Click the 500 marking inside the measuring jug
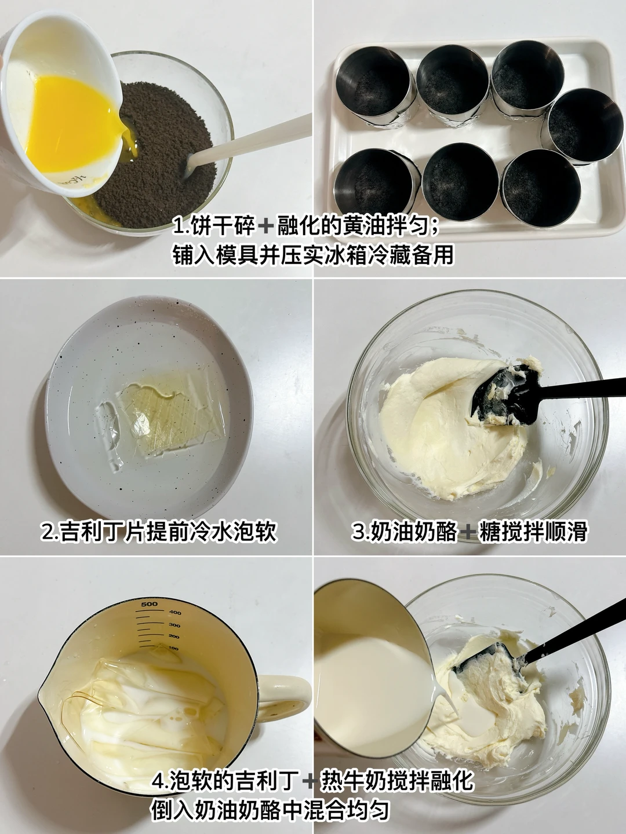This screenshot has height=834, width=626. coord(149,604)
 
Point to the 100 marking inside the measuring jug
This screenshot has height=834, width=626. coord(173,648)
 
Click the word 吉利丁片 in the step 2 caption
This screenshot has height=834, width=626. coord(102,531)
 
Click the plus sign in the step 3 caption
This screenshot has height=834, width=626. coord(468,532)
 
